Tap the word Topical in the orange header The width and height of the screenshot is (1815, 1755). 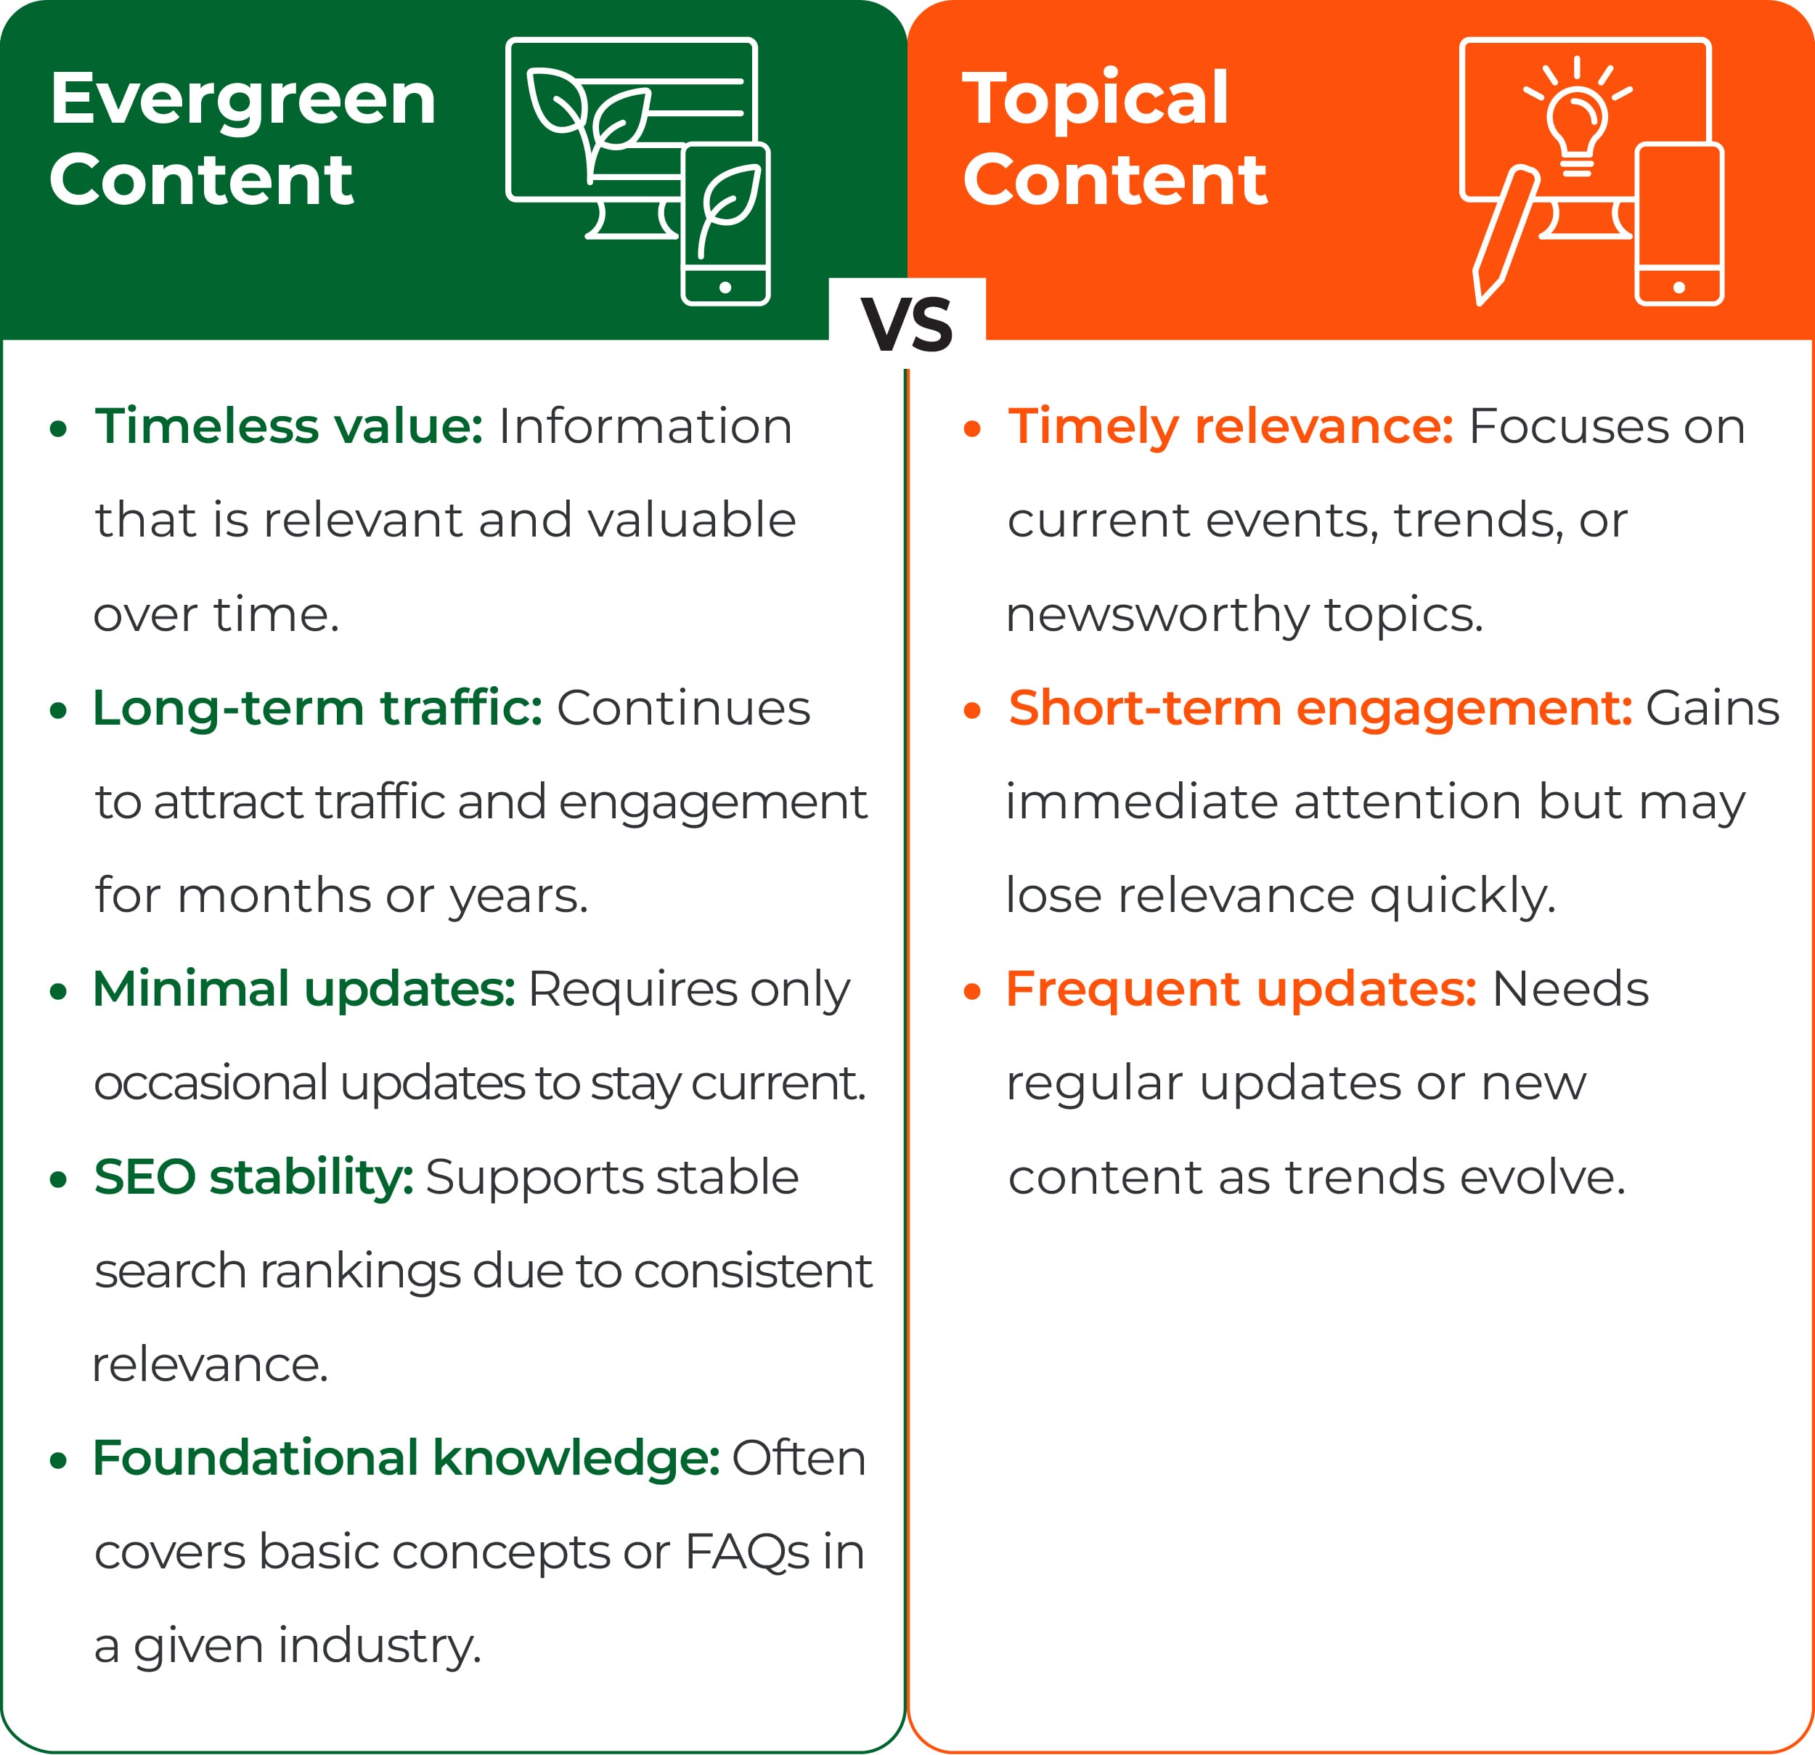pyautogui.click(x=1096, y=100)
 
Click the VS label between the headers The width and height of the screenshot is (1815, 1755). pyautogui.click(x=907, y=325)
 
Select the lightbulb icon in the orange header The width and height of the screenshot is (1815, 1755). pyautogui.click(x=1577, y=115)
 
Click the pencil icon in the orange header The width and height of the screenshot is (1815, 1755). pyautogui.click(x=1505, y=235)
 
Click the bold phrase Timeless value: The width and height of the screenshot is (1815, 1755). pyautogui.click(x=289, y=427)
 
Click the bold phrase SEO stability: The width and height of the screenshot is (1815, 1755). pyautogui.click(x=253, y=1178)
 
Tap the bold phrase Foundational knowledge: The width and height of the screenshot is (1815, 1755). pyautogui.click(x=407, y=1459)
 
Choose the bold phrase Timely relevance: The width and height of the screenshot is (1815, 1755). pyautogui.click(x=1231, y=428)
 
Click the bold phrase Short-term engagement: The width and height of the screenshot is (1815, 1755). pyautogui.click(x=1321, y=709)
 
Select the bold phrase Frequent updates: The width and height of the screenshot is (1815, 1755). pyautogui.click(x=1241, y=990)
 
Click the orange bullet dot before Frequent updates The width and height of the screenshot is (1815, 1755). pyautogui.click(x=971, y=993)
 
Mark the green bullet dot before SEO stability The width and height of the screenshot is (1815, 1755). pyautogui.click(x=58, y=1181)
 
